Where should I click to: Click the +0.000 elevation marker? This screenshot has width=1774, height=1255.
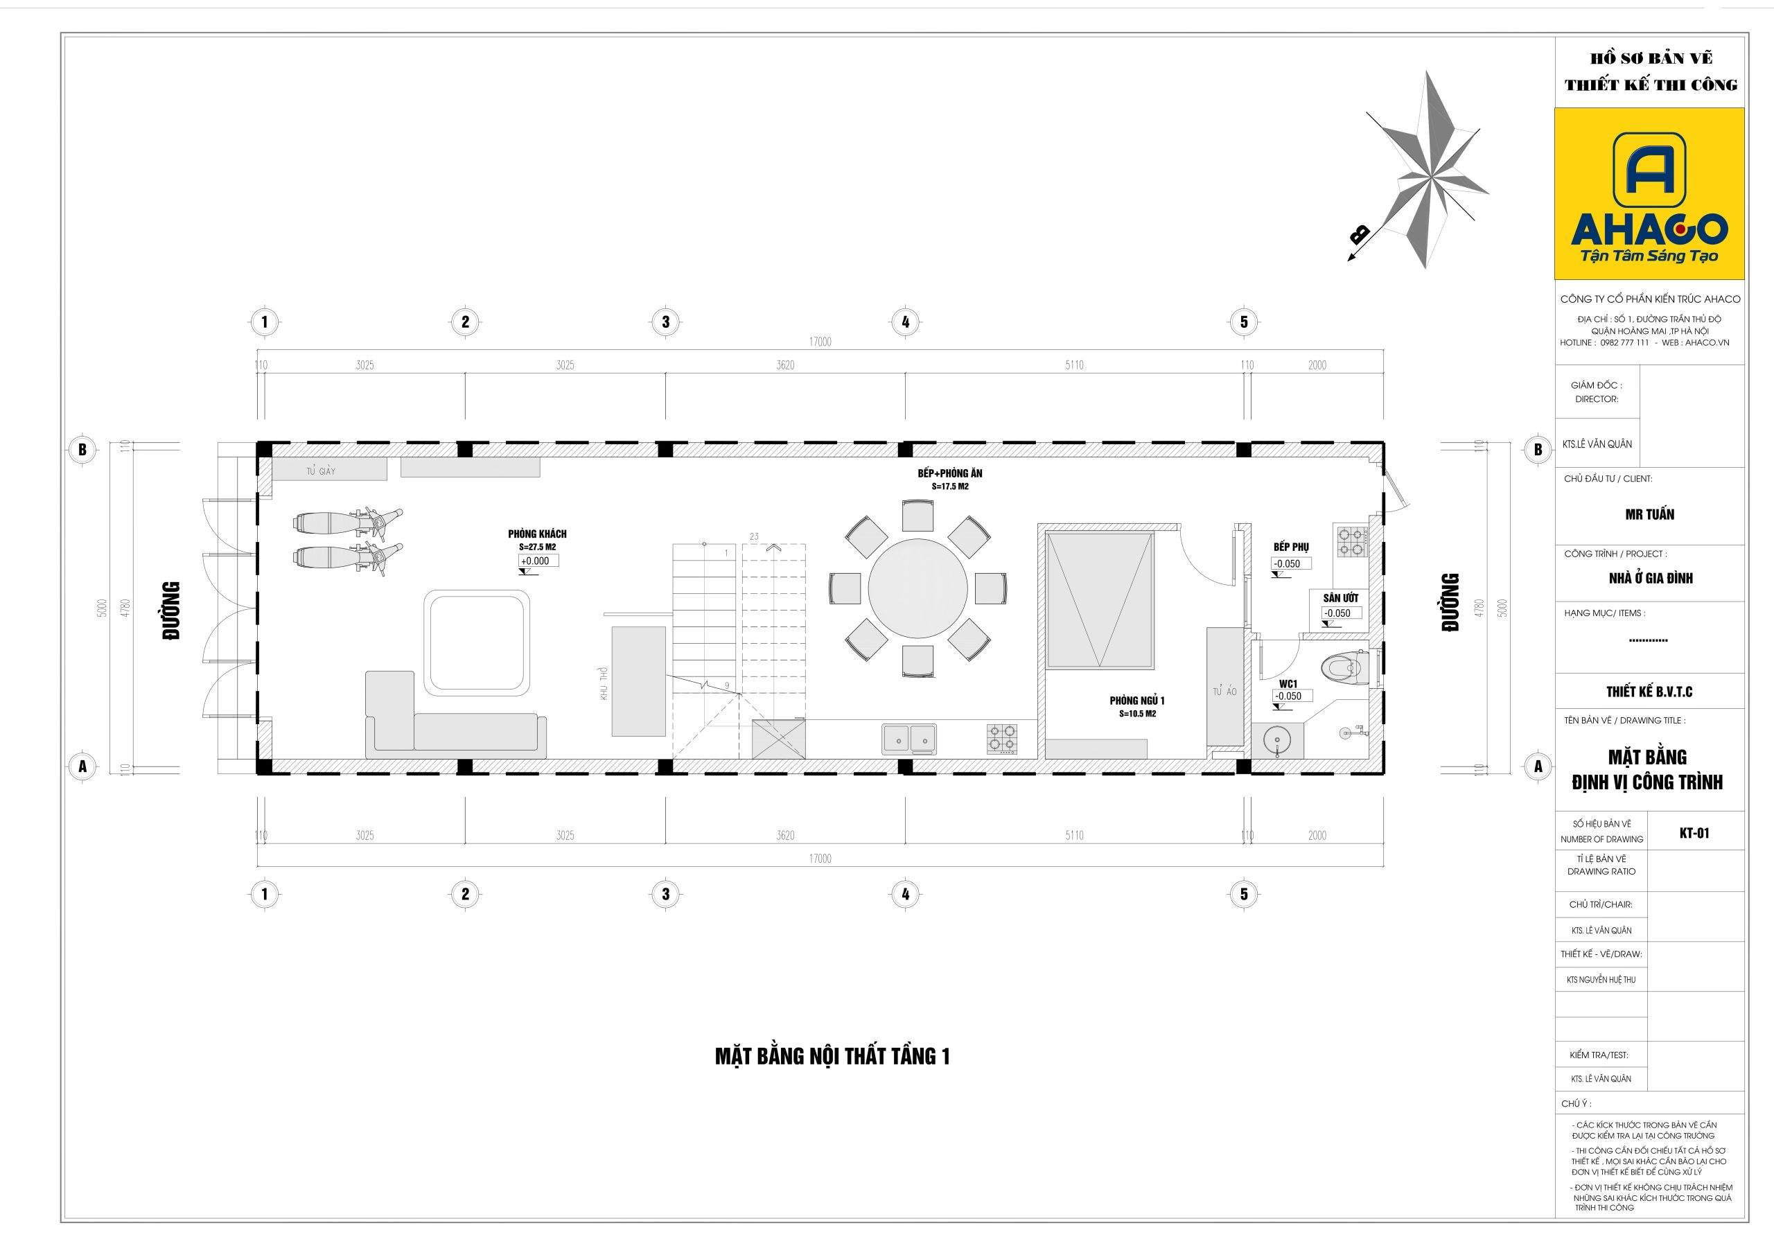point(538,562)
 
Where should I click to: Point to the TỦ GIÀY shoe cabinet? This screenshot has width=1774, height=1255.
point(329,469)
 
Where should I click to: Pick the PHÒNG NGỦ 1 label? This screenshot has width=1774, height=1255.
point(1136,701)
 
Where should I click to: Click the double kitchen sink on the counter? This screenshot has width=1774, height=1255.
point(909,739)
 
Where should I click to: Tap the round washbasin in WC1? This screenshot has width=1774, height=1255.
point(1277,741)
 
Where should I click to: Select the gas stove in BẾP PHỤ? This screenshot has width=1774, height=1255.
point(1352,542)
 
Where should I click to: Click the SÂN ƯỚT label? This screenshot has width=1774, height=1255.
point(1340,598)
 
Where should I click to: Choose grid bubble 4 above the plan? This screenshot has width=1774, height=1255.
point(906,322)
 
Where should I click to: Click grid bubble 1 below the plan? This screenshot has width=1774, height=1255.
point(264,894)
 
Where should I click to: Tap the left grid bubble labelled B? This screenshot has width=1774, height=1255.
point(82,450)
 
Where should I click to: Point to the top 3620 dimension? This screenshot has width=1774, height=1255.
point(785,365)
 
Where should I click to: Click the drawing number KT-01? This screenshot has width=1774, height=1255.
point(1694,833)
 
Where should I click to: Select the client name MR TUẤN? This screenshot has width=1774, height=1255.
point(1649,515)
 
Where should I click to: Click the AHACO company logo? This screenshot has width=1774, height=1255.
point(1649,194)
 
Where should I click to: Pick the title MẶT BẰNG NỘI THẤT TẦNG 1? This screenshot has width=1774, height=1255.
point(832,1056)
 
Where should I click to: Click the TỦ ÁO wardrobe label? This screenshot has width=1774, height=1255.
point(1224,692)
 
